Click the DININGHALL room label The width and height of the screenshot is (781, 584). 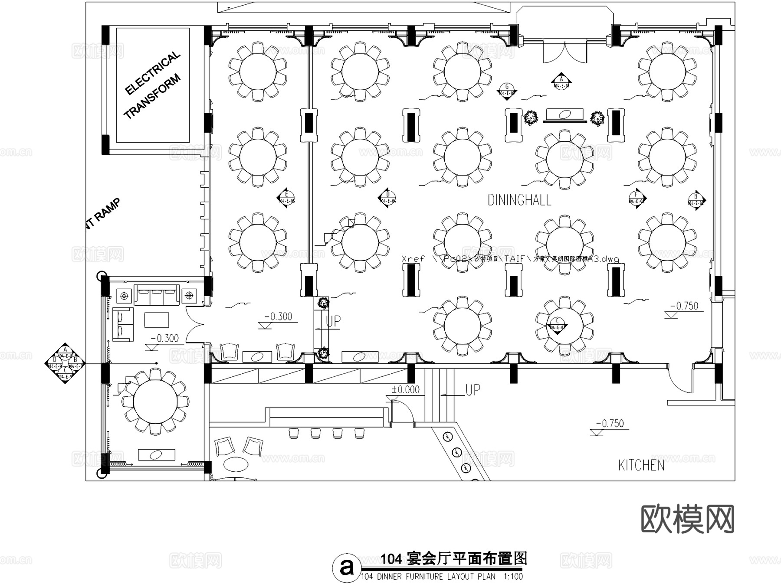[x=519, y=200]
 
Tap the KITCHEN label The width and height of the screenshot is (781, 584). [x=641, y=465]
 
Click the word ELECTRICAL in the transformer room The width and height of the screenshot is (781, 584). [x=152, y=73]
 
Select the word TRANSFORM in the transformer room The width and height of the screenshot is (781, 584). [x=152, y=97]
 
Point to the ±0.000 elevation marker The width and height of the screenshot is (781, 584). [x=405, y=389]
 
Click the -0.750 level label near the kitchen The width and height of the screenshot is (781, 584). [x=610, y=423]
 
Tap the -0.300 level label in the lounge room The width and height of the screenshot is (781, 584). [x=164, y=338]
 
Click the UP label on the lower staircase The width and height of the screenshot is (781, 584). [x=473, y=390]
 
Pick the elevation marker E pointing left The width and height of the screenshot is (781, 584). [x=286, y=199]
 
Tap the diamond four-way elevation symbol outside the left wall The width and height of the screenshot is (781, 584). [x=65, y=363]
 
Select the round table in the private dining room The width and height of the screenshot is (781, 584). [x=155, y=401]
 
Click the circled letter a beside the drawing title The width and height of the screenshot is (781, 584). [x=346, y=566]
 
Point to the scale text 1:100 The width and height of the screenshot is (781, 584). [x=513, y=577]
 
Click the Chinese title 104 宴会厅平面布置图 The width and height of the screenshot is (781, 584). [x=453, y=558]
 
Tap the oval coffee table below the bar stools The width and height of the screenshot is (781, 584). [x=236, y=464]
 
